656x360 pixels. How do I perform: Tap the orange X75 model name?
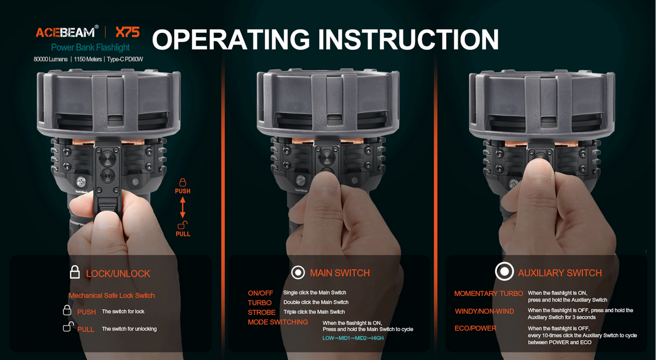pos(127,32)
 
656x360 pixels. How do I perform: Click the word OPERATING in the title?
pos(231,39)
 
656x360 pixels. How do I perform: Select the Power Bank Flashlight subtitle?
pos(90,48)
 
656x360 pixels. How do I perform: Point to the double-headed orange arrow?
pos(183,207)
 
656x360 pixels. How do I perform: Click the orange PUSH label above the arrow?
pos(183,191)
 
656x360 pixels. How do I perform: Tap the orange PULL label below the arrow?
pos(183,234)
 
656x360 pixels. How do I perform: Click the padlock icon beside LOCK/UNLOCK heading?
pos(75,272)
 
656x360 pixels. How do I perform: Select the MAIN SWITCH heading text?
pos(339,273)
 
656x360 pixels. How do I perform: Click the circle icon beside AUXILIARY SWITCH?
pos(504,272)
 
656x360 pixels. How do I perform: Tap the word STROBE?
pos(261,312)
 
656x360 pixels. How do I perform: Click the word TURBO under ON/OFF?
pos(260,303)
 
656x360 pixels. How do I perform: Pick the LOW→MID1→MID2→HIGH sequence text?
pos(353,338)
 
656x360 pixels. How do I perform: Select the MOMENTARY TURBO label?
pos(489,293)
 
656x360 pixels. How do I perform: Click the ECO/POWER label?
pos(475,328)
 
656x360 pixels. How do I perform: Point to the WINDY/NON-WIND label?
pos(484,311)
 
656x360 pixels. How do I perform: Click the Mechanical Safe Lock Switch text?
pos(112,296)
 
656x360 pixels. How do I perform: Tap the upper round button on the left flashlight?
pos(108,158)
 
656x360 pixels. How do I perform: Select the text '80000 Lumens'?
pos(50,60)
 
